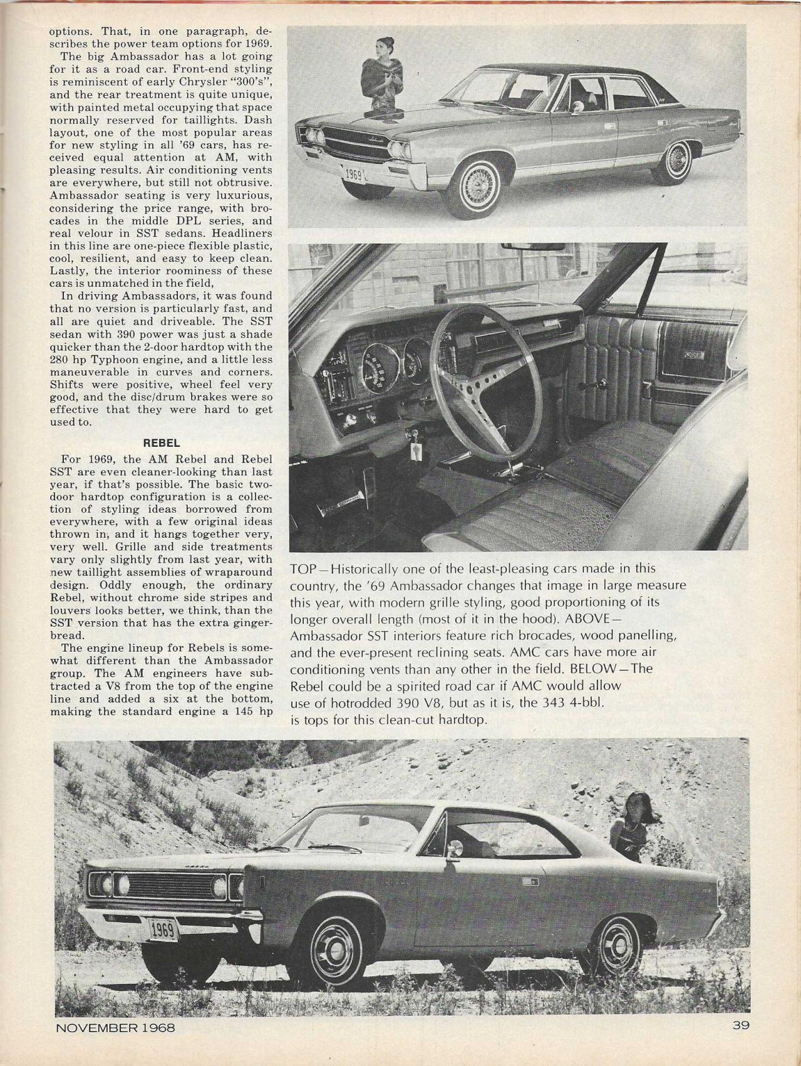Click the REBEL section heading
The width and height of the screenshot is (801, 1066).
162,443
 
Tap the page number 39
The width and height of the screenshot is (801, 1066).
740,1025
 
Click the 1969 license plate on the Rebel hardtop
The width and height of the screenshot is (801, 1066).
161,931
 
